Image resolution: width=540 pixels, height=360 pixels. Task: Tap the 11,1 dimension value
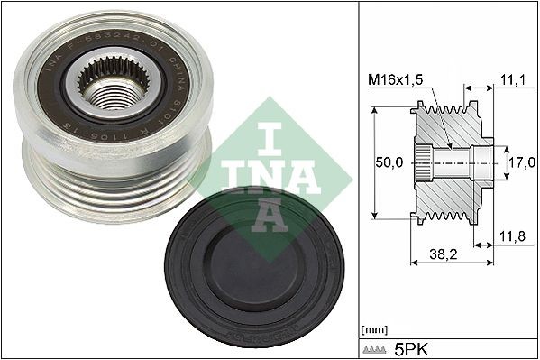[510, 81]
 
